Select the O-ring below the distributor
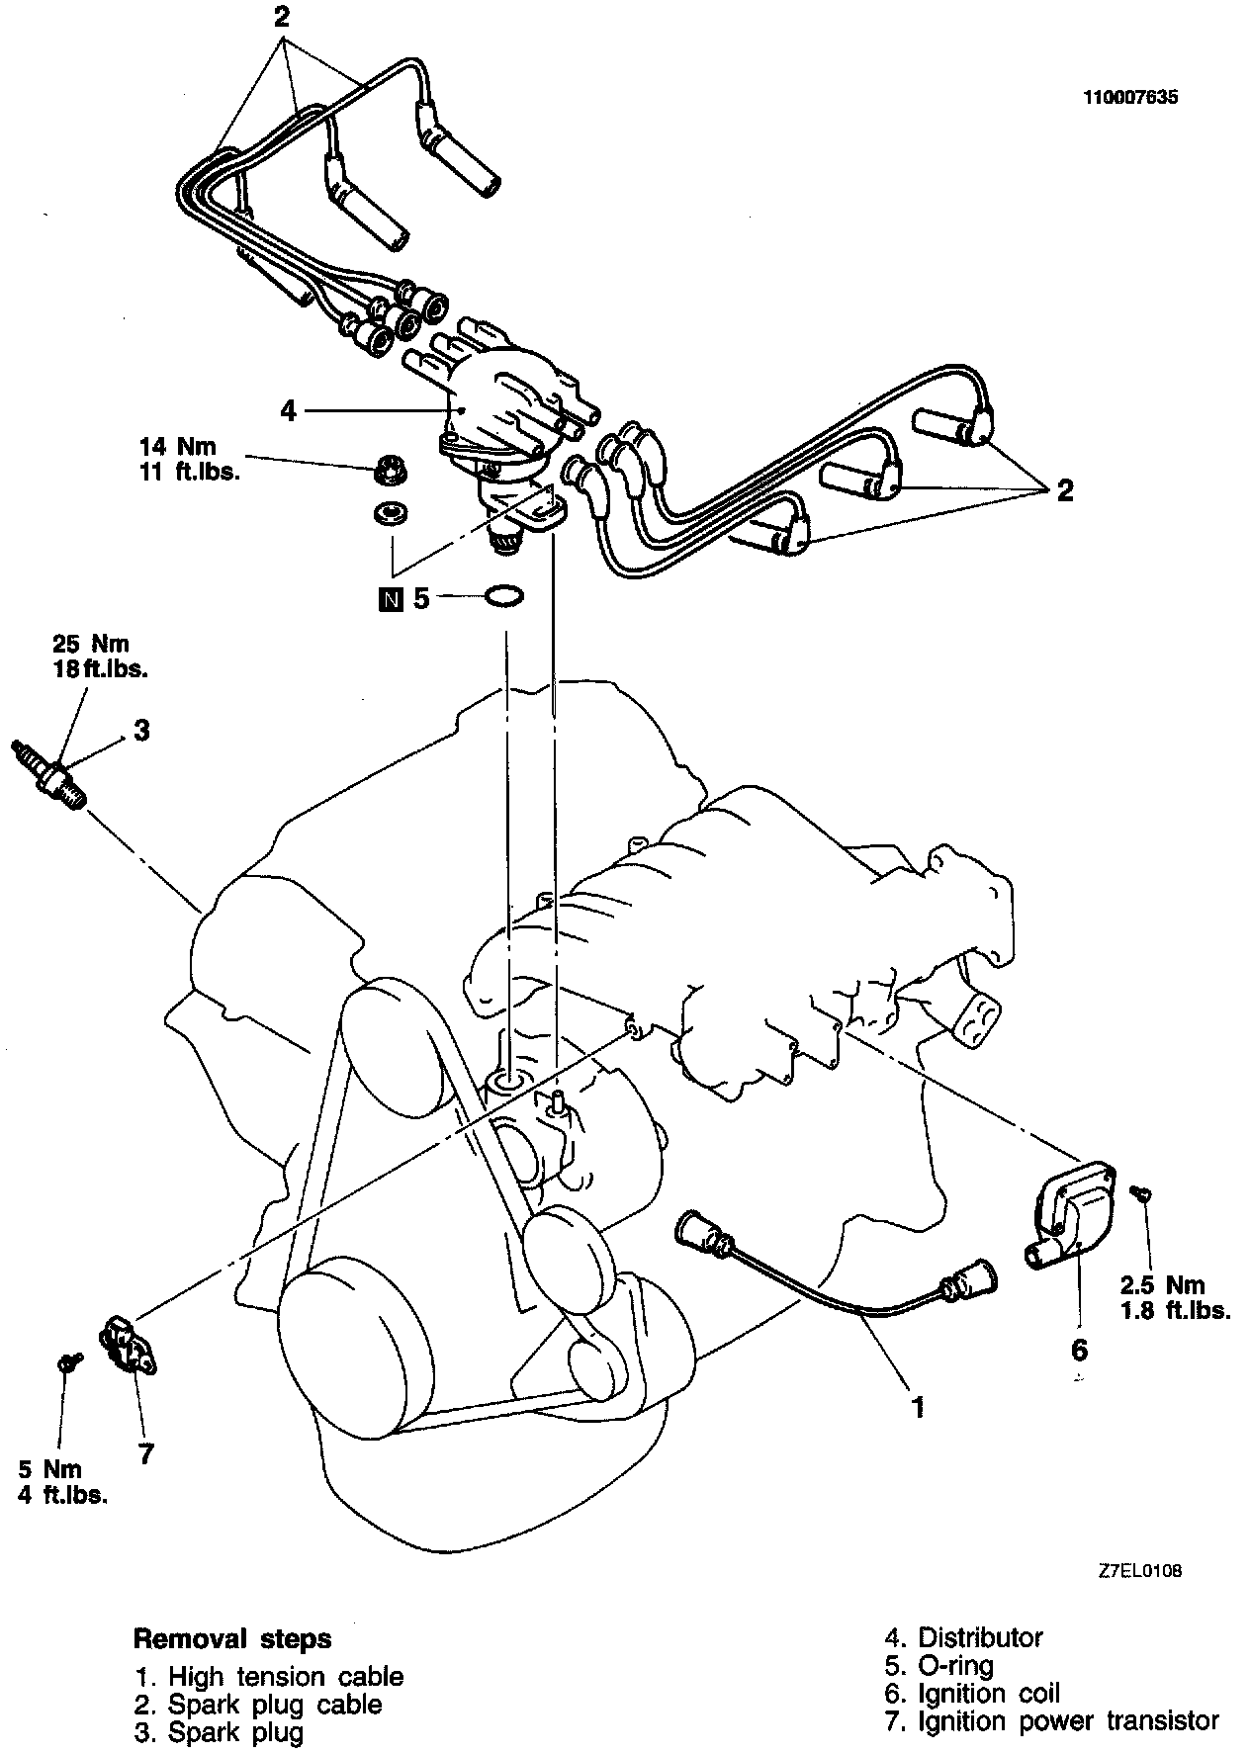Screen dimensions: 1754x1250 [x=504, y=596]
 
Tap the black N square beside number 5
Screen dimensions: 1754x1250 [x=393, y=598]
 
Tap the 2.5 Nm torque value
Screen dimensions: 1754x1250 [x=1162, y=1285]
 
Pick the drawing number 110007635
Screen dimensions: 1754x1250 [x=1131, y=98]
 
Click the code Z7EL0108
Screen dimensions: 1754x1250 [x=1138, y=1569]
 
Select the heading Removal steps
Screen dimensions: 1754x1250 [x=232, y=1638]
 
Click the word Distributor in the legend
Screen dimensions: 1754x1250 [x=980, y=1637]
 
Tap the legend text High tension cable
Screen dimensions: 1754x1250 [x=286, y=1676]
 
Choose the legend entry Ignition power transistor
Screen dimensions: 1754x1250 [x=1068, y=1721]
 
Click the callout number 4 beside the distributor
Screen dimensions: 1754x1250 [x=288, y=410]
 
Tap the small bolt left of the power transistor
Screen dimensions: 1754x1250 [x=67, y=1363]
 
